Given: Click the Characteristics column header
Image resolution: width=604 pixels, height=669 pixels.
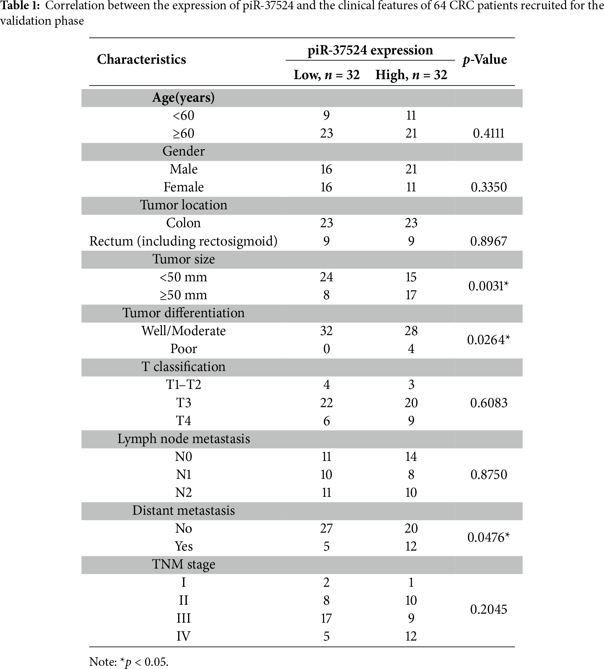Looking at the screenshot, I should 141,59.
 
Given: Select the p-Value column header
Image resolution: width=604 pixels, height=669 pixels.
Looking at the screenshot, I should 485,59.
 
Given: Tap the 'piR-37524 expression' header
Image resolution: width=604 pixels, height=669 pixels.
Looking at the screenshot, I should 370,50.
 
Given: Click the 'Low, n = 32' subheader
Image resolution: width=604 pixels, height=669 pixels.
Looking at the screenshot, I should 327,75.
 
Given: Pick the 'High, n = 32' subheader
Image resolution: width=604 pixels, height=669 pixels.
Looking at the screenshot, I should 411,75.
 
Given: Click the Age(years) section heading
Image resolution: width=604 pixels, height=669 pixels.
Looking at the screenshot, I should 183,97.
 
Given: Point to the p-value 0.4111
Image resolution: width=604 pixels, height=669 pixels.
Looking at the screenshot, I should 489,133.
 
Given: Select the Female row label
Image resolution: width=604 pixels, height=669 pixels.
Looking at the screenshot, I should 183,187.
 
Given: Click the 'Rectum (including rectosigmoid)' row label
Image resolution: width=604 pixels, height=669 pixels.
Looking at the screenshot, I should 183,241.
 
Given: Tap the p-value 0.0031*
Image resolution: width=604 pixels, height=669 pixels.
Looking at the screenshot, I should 489,286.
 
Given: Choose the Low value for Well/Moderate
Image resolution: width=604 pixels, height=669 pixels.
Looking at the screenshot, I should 327,331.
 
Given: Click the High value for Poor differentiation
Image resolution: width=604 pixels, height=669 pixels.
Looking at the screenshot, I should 411,349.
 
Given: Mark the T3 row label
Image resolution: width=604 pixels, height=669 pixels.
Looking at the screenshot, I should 183,403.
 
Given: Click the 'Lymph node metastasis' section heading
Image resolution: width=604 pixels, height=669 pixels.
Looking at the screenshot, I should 183,439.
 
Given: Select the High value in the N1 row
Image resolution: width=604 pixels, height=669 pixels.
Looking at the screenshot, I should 411,475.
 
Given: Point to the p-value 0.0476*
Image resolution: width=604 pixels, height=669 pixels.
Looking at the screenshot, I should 489,537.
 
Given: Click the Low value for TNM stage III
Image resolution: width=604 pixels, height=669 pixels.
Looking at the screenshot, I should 327,618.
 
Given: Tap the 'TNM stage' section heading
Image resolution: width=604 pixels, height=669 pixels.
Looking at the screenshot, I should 183,564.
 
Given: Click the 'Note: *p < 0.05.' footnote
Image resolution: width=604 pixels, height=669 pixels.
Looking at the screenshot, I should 129,662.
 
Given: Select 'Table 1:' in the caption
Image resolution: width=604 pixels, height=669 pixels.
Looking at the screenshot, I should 20,6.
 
